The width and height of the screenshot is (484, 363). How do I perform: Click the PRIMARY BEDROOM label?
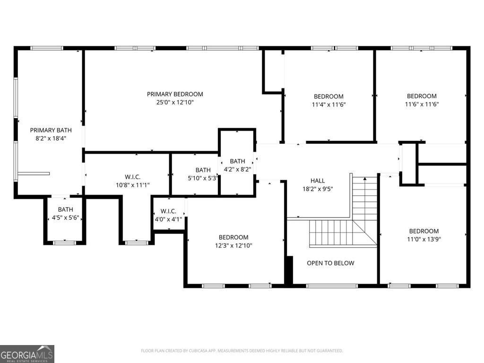175,94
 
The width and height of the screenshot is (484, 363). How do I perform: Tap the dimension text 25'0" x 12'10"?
175,102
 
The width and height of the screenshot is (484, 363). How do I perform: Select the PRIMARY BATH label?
51,130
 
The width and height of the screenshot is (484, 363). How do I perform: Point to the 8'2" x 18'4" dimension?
51,138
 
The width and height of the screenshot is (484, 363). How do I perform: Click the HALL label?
318,181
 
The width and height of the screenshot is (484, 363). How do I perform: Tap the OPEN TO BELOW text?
330,263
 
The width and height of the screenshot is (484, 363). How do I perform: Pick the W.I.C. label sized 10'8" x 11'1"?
132,177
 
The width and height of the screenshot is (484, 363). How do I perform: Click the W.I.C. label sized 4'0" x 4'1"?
168,211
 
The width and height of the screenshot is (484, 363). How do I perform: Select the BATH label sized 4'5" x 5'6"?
65,209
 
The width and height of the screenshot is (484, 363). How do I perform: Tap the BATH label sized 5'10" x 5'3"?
203,170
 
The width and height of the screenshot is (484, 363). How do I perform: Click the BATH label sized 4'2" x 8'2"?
237,161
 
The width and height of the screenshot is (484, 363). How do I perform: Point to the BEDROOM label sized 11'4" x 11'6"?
328,96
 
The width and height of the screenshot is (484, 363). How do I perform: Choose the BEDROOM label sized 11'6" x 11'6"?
422,96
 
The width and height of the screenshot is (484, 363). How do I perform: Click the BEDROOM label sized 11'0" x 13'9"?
424,231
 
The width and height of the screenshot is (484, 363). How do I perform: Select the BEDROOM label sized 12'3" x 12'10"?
233,237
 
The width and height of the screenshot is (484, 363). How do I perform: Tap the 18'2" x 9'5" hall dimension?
318,189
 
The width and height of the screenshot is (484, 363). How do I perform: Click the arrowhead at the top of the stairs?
365,178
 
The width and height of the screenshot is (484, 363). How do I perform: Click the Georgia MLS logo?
27,354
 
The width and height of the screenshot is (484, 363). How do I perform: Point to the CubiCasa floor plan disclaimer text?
242,351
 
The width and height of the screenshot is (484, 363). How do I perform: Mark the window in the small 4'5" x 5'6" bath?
64,243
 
